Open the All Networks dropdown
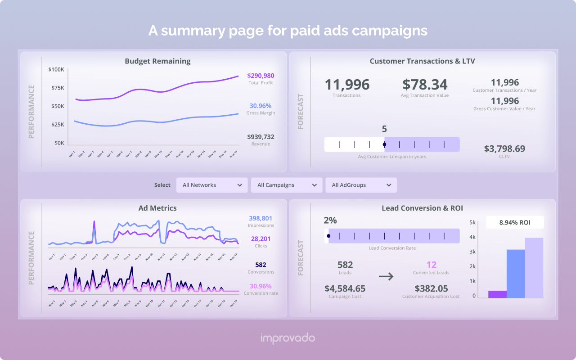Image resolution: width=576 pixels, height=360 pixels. [x=212, y=185]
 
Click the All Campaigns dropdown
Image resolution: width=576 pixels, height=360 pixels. [x=287, y=185]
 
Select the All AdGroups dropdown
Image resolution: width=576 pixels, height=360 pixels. [x=361, y=185]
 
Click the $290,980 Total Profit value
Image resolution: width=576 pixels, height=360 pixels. [x=261, y=76]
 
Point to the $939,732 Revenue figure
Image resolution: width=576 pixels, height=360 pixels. [x=261, y=137]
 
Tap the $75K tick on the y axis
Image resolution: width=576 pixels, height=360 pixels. [x=58, y=88]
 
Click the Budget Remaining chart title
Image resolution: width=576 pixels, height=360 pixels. [x=157, y=61]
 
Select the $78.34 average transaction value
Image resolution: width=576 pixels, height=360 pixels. [x=425, y=85]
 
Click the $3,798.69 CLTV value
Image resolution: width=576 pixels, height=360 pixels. [x=504, y=148]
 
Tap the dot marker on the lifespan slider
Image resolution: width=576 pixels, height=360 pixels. [x=384, y=144]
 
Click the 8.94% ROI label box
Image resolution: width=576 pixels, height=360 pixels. [x=515, y=222]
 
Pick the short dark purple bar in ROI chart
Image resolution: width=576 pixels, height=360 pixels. [x=497, y=294]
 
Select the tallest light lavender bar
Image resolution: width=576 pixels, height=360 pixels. [x=534, y=268]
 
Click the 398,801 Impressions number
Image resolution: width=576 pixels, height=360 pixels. [x=261, y=218]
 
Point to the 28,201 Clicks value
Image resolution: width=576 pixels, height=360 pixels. [x=261, y=239]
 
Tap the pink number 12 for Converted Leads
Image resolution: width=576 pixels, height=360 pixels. [x=431, y=265]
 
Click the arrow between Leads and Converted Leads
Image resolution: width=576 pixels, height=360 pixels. [x=386, y=276]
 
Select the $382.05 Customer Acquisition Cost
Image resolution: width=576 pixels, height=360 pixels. [x=431, y=288]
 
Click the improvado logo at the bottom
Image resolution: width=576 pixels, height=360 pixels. [x=288, y=338]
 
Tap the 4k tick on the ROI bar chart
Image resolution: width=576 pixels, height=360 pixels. [x=473, y=237]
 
